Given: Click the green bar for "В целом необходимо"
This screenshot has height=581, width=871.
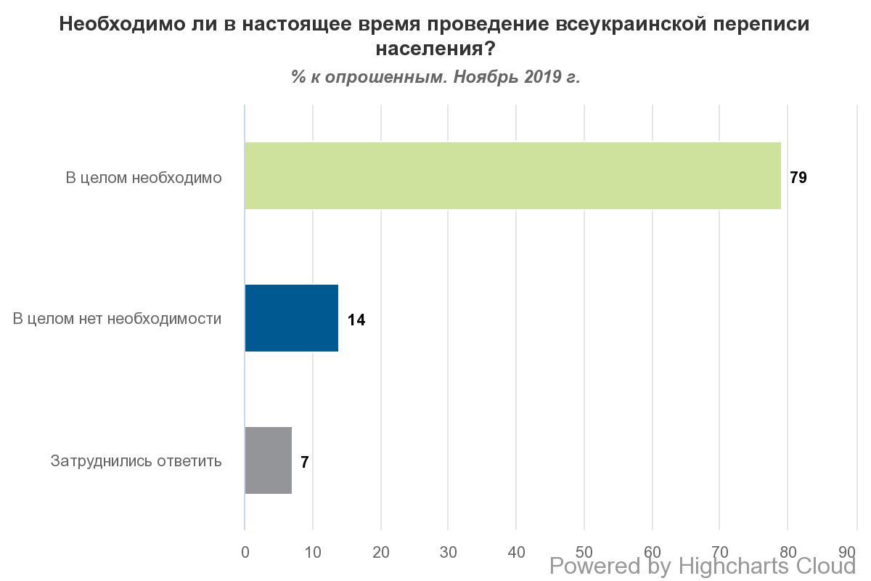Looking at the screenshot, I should (x=512, y=176).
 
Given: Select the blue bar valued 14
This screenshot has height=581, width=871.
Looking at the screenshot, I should (x=292, y=318).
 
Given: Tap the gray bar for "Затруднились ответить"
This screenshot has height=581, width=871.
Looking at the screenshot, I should (x=269, y=460).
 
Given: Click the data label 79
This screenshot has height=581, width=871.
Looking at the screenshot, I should (x=798, y=177).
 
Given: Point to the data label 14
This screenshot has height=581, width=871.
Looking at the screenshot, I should (x=356, y=320).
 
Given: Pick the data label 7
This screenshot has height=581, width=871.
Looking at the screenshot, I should (x=305, y=462).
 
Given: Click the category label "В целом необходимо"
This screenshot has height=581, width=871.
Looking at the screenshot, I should (x=144, y=178).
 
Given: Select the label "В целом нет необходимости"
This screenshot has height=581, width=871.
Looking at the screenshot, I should (x=117, y=319).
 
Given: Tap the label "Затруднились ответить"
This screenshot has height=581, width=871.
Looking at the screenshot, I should (x=136, y=461).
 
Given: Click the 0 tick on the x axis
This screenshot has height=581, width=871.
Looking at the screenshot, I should (x=245, y=552).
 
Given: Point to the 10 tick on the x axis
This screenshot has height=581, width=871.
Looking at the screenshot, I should (x=313, y=552).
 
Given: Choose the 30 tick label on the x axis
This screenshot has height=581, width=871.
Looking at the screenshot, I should (x=449, y=552).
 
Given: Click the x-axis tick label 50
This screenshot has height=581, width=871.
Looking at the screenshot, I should (x=584, y=552).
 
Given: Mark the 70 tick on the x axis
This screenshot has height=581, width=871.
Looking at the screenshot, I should (x=720, y=552).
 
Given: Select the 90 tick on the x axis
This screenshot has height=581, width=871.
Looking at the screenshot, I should (x=846, y=552).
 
